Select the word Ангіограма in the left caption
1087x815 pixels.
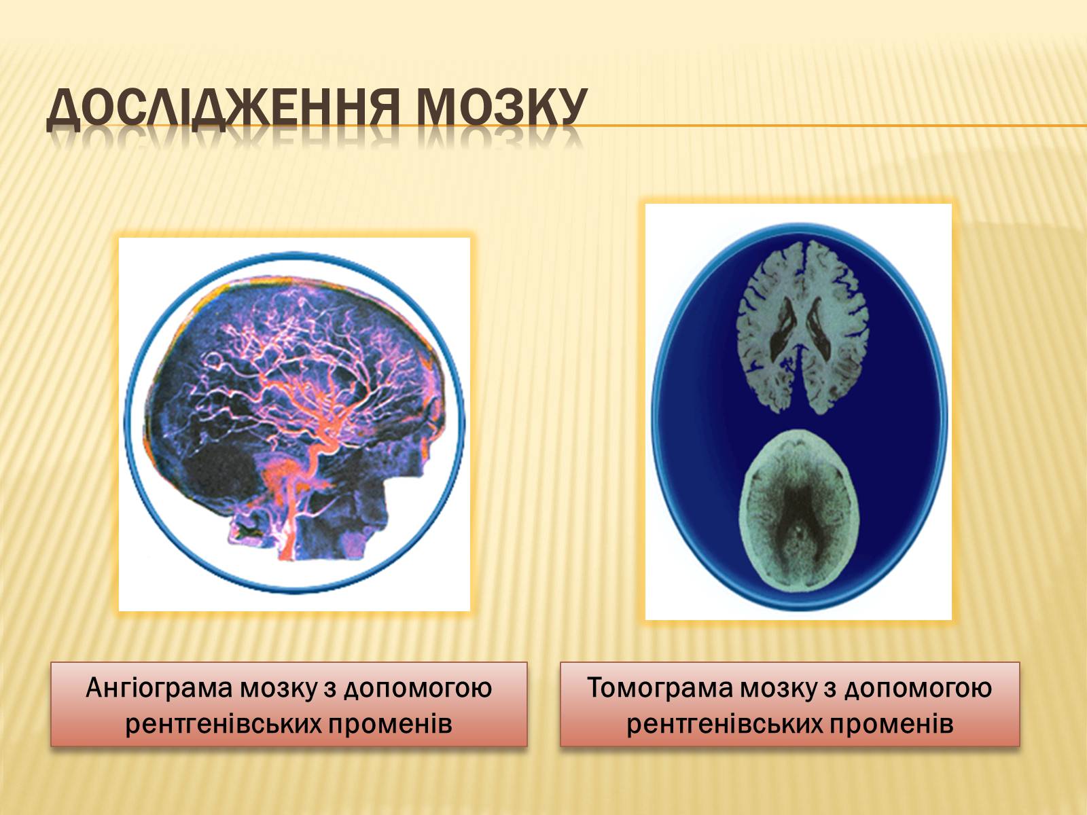[x=158, y=689]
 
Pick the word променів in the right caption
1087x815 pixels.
[x=891, y=725]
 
